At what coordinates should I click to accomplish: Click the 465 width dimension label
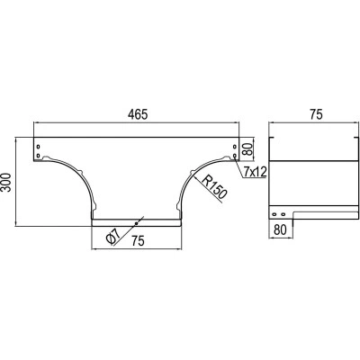[x=138, y=114]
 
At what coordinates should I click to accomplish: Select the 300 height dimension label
[x=6, y=182]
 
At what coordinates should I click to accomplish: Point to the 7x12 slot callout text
[x=255, y=172]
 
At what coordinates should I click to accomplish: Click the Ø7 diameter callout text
[x=112, y=236]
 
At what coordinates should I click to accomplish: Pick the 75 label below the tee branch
[x=138, y=240]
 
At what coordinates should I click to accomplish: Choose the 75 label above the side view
[x=315, y=114]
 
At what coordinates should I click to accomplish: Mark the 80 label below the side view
[x=280, y=229]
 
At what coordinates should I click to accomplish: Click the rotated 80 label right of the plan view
[x=247, y=148]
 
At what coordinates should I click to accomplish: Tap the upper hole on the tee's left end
[x=38, y=147]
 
